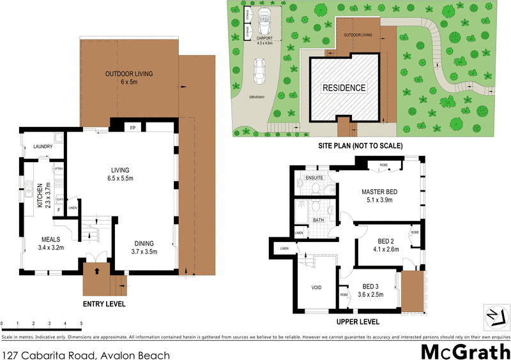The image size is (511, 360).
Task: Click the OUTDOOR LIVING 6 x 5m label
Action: coord(130,78)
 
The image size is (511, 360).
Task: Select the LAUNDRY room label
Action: coord(43,147)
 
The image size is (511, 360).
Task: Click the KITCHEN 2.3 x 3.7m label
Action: coord(43,195)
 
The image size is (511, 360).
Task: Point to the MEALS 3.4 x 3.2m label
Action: coord(51,243)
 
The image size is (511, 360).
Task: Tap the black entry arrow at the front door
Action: coord(97,271)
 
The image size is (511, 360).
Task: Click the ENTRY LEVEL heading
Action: coord(104,304)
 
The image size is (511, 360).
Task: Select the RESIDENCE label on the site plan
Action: coord(344,88)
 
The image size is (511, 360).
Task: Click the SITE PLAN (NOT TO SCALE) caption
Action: coord(361,146)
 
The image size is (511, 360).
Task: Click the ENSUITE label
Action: coord(315,177)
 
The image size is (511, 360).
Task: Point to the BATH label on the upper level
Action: coord(318,220)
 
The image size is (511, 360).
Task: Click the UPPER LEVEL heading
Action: coord(358,322)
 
